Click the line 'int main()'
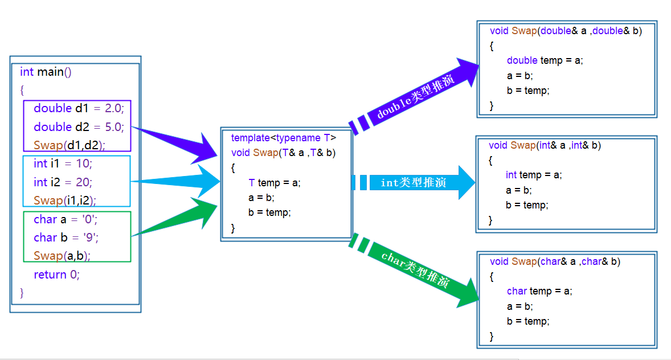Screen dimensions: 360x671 (46, 72)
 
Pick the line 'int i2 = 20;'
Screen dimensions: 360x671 (63, 182)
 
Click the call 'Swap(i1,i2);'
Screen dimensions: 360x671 (64, 201)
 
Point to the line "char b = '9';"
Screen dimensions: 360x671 (66, 238)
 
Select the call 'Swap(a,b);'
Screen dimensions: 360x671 (62, 256)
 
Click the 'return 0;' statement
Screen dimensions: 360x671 (56, 275)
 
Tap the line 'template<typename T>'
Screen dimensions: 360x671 (284, 138)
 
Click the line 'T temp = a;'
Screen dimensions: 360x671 (274, 183)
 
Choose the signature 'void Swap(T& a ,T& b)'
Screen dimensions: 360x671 (283, 153)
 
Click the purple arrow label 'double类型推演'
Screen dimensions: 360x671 (415, 96)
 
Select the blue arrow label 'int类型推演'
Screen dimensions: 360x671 (414, 183)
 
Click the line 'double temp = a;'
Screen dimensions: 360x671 (545, 60)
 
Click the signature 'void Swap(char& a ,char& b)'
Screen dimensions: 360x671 (555, 261)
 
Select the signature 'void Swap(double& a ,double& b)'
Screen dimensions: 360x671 (566, 31)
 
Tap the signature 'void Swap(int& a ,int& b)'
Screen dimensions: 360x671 (545, 145)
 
